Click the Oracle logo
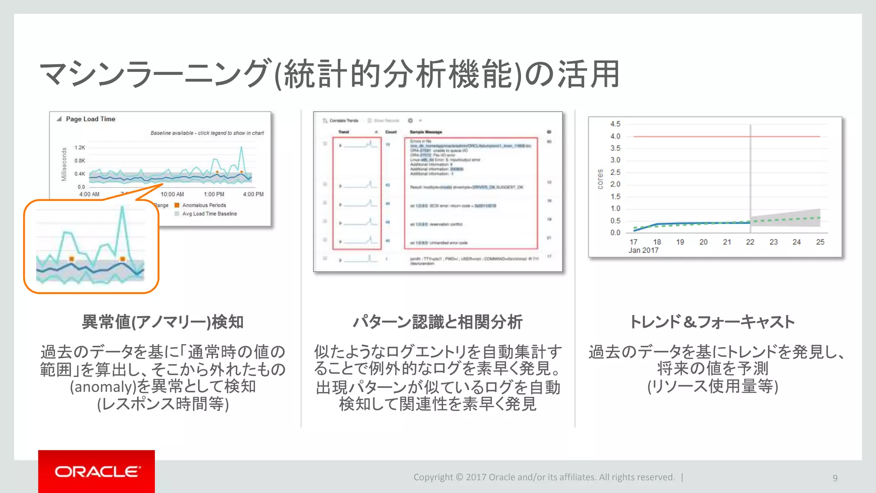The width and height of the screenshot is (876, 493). (97, 472)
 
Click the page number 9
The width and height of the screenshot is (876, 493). (835, 478)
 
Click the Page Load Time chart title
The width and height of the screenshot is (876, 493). (90, 119)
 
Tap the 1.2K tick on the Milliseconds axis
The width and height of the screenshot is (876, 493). (80, 148)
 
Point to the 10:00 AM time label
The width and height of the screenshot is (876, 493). (172, 194)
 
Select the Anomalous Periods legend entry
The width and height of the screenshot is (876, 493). (204, 205)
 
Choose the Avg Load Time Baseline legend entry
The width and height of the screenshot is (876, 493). (209, 214)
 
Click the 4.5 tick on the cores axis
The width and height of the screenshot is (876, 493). (615, 124)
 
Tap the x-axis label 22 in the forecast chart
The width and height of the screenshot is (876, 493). (750, 242)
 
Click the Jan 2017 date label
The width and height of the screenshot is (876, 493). (643, 250)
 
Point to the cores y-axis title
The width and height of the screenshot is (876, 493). (600, 179)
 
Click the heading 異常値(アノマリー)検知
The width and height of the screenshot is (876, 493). (163, 322)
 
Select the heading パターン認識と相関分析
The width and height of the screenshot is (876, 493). (437, 322)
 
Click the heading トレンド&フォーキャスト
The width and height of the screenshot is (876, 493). (712, 322)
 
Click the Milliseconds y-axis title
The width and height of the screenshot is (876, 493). (64, 164)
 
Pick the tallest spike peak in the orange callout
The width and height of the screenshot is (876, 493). (122, 208)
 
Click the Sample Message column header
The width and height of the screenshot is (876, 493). (426, 132)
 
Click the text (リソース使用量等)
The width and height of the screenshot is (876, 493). (712, 386)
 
